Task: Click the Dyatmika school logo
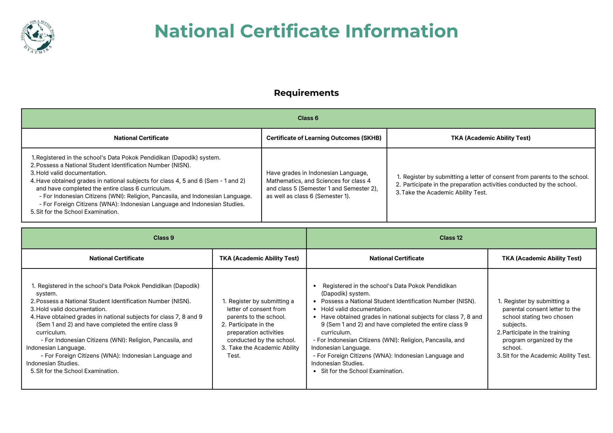[x=37, y=37]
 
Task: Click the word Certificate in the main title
[x=290, y=31]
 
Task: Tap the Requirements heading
[x=306, y=93]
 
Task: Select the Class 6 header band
[x=308, y=118]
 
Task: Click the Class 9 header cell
[x=164, y=238]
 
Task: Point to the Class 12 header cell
[x=451, y=238]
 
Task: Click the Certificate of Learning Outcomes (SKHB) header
[x=324, y=138]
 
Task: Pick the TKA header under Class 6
[x=490, y=138]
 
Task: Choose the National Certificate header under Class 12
[x=397, y=258]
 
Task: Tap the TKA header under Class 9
[x=259, y=258]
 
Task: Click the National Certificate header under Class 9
[x=116, y=258]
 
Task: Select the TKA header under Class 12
[x=542, y=258]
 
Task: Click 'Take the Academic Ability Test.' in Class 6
[x=444, y=193]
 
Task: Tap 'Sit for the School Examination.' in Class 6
[x=77, y=212]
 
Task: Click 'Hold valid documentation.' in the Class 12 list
[x=356, y=309]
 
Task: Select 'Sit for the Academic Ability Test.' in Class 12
[x=546, y=356]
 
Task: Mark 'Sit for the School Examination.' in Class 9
[x=77, y=371]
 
